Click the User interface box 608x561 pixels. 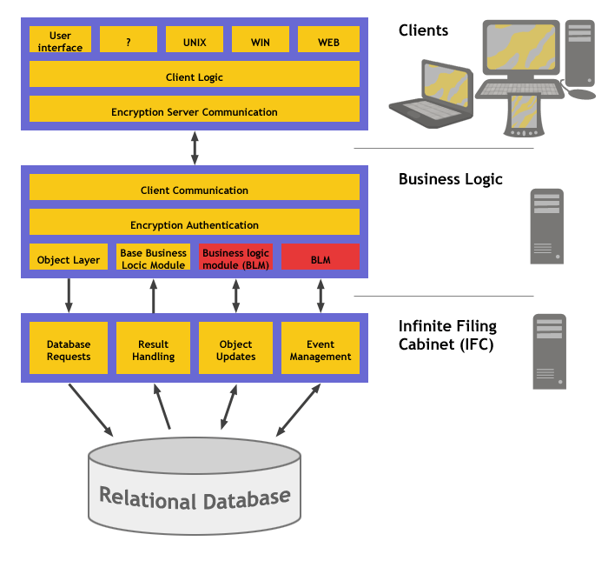[x=60, y=40]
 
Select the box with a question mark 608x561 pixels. [x=129, y=40]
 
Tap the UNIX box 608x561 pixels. [x=195, y=40]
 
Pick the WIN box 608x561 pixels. [x=260, y=40]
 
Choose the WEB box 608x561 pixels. [x=328, y=40]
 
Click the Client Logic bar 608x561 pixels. [x=195, y=77]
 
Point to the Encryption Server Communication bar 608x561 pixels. [x=195, y=111]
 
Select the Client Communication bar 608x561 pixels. [x=195, y=190]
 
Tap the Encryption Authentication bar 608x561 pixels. [x=195, y=224]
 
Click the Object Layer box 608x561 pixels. [x=69, y=258]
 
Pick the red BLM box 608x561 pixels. [x=321, y=258]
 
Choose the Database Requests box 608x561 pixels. [x=69, y=351]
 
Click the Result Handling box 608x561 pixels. [x=153, y=351]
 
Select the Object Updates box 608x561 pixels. [x=236, y=351]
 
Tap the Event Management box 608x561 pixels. [x=321, y=351]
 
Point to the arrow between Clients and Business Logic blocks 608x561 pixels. [x=195, y=148]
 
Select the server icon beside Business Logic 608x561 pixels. [x=546, y=225]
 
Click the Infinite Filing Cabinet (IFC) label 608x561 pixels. [x=447, y=334]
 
